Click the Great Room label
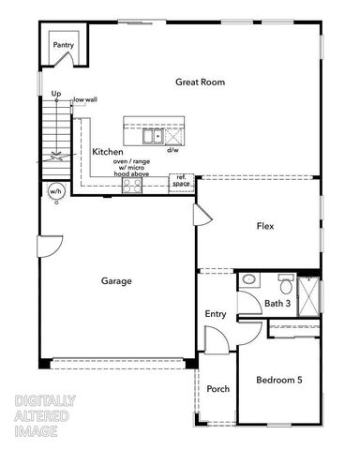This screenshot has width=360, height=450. (x=200, y=82)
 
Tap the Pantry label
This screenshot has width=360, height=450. (x=63, y=44)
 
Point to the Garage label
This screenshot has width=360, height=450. (x=116, y=280)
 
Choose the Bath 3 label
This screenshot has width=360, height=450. (x=277, y=303)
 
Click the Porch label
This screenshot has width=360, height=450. (x=218, y=389)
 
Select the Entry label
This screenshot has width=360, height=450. (x=216, y=314)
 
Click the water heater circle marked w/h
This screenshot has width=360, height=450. (x=55, y=192)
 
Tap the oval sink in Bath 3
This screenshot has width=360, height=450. (x=247, y=280)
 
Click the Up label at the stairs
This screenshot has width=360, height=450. (x=56, y=94)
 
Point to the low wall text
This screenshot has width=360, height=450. (x=86, y=99)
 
